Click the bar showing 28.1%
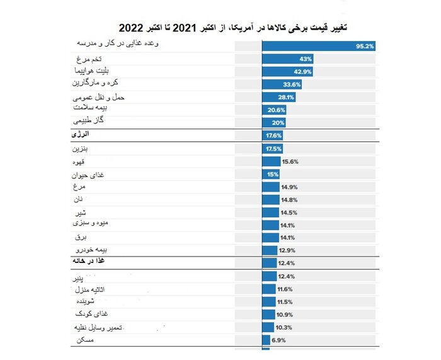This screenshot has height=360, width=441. pyautogui.click(x=279, y=98)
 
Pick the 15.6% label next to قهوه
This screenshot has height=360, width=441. pyautogui.click(x=290, y=161)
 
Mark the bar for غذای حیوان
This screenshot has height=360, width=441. pyautogui.click(x=271, y=174)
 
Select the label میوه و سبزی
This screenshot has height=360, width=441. pyautogui.click(x=92, y=224)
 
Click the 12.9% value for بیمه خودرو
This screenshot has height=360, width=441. pyautogui.click(x=287, y=250)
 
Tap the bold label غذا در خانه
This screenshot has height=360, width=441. pyautogui.click(x=89, y=262)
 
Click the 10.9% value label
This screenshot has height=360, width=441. pyautogui.click(x=284, y=315)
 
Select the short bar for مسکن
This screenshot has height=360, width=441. pyautogui.click(x=265, y=340)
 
